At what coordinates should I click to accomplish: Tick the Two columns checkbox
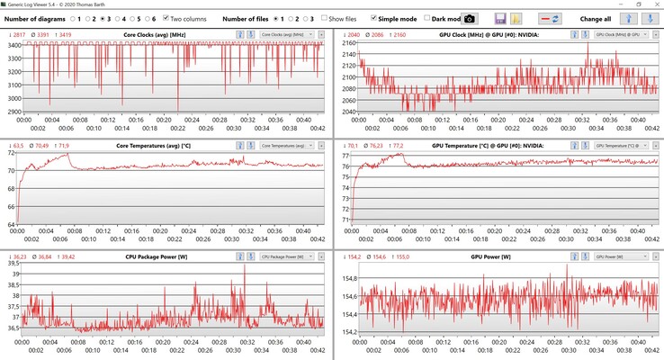[x=167, y=18]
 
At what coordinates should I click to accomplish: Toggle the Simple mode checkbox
[x=372, y=18]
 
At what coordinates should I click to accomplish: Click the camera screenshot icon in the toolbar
[x=470, y=18]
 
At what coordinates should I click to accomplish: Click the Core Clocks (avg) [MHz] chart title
[x=160, y=33]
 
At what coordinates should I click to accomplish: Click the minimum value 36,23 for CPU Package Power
[x=15, y=256]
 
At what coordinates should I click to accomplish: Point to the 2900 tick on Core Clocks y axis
[x=14, y=112]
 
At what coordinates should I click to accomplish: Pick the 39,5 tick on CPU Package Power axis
[x=13, y=264]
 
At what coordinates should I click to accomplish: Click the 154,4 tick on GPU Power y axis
[x=345, y=314]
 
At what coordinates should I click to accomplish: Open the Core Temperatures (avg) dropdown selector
[x=286, y=145]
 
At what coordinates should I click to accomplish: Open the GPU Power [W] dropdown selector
[x=620, y=256]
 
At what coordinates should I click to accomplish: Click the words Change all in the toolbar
[x=597, y=18]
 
